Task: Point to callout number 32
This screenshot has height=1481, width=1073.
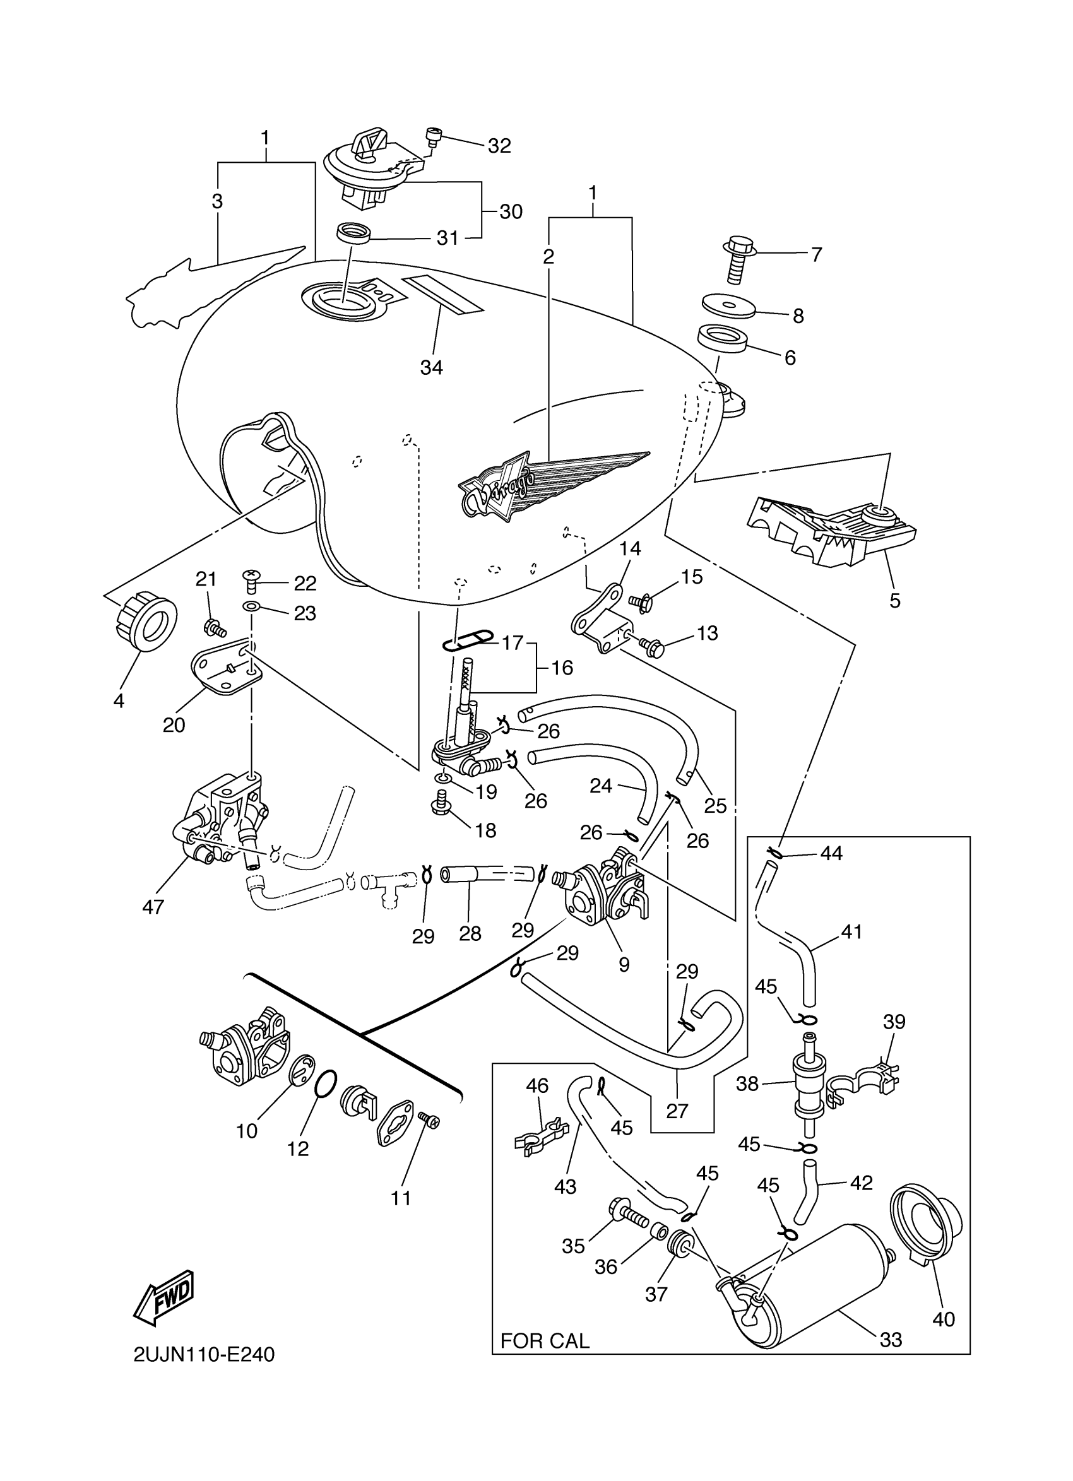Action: [x=500, y=146]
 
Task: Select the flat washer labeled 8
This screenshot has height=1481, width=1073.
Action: [x=729, y=305]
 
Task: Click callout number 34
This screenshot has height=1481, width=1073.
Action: [x=431, y=368]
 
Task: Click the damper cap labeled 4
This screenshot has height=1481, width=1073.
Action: [x=148, y=622]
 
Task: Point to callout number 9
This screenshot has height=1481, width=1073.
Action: [x=624, y=964]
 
